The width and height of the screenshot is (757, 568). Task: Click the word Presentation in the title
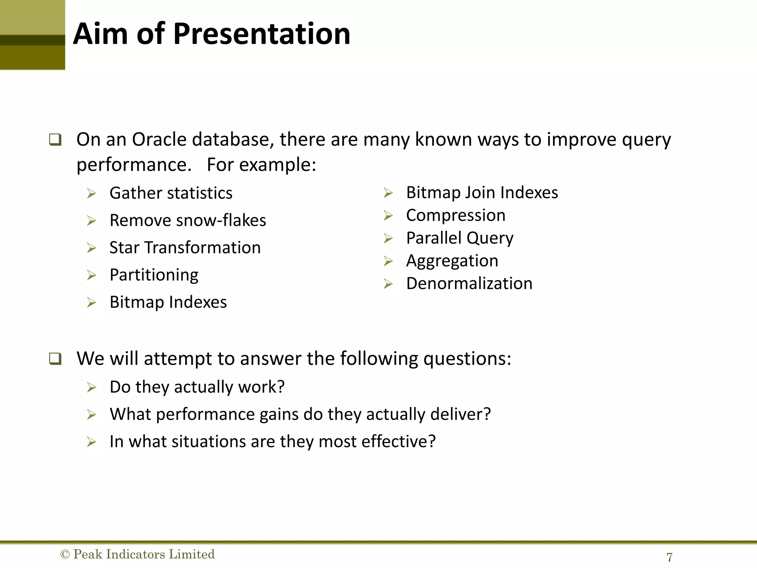[261, 34]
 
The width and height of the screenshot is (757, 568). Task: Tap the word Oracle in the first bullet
[159, 140]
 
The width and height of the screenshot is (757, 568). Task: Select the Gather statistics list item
[171, 193]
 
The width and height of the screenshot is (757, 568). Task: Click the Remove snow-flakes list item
[188, 220]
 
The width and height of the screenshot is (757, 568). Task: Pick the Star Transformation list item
[185, 247]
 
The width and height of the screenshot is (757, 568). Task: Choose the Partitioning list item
[154, 275]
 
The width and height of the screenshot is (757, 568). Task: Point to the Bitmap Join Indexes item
[482, 192]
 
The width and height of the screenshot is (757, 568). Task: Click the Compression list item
[455, 215]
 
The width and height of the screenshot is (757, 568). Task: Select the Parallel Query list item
[459, 238]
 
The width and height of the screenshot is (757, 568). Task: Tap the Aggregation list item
[452, 261]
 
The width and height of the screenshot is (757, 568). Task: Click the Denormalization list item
[469, 284]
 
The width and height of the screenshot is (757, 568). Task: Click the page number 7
[669, 557]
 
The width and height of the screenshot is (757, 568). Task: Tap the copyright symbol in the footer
[65, 554]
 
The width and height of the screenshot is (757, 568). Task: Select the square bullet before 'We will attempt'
[55, 359]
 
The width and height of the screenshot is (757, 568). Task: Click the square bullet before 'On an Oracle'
[55, 140]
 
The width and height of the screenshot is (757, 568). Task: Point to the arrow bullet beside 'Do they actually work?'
[91, 388]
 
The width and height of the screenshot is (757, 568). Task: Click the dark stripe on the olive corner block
[33, 40]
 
